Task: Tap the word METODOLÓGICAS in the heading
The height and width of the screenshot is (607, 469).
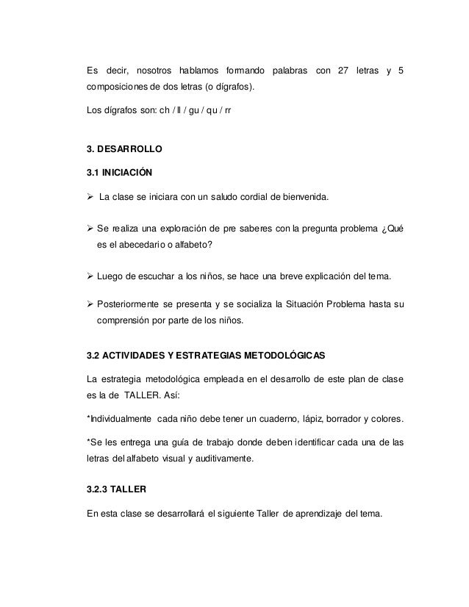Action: pos(284,355)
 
